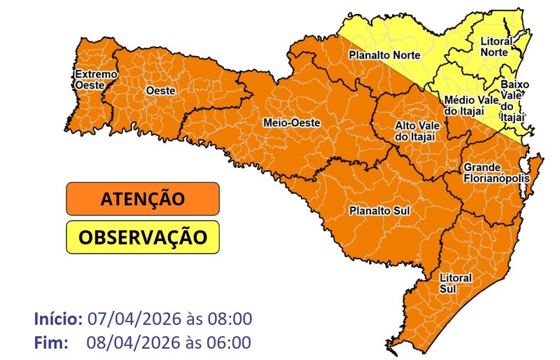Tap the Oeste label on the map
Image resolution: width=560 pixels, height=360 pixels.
[160, 91]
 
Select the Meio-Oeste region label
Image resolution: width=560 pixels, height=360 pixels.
[291, 123]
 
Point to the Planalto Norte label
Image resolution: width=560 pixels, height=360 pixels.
[384, 55]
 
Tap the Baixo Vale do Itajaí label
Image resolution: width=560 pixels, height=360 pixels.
[514, 100]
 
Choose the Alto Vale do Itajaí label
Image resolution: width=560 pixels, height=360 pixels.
[416, 130]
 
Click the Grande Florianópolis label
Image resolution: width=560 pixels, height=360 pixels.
[494, 173]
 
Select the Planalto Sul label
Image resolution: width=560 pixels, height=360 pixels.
[379, 210]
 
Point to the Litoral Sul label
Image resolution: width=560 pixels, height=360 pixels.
[455, 283]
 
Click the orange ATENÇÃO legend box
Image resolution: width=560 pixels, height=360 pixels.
[143, 199]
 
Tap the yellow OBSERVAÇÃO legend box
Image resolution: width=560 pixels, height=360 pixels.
[143, 237]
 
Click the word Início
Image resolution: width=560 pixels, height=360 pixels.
[59, 319]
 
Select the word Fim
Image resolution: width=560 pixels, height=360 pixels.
[50, 343]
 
